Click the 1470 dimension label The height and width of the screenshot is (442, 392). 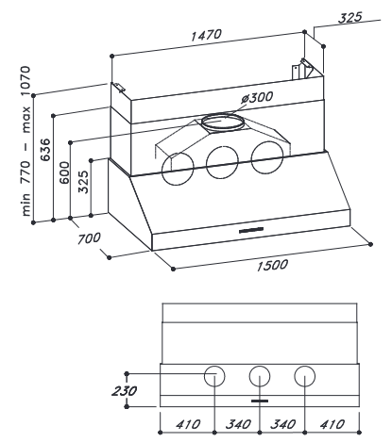coord(206,35)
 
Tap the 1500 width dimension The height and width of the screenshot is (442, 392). coord(272,265)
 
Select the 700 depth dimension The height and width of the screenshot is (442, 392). coord(89,238)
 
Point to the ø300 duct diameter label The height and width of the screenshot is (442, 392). coord(257,98)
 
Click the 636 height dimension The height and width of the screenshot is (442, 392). coord(46,150)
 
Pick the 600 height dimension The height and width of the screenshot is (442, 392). coord(64,172)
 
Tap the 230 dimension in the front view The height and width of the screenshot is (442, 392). coord(125,391)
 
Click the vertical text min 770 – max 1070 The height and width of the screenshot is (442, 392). coord(26,140)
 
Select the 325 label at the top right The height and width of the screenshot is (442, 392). coord(350,18)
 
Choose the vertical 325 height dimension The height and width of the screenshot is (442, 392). coord(84,182)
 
